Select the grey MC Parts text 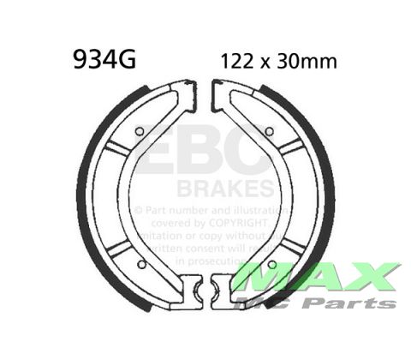coord(330,303)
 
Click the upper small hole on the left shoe coord(139,130)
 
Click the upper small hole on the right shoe coord(270,130)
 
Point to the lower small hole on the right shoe coord(272,264)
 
